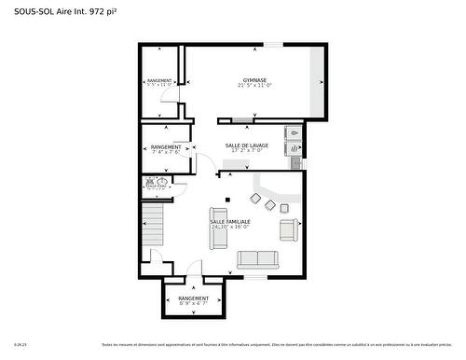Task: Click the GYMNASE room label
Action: pyautogui.click(x=254, y=80)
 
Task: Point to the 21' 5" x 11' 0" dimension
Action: pyautogui.click(x=254, y=86)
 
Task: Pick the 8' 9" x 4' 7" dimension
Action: pyautogui.click(x=194, y=304)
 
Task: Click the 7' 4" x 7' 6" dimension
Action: pyautogui.click(x=166, y=152)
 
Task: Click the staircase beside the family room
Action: pyautogui.click(x=152, y=229)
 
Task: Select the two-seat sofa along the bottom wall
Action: pyautogui.click(x=259, y=259)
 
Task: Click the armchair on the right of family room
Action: pyautogui.click(x=288, y=228)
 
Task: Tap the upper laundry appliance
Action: pyautogui.click(x=294, y=132)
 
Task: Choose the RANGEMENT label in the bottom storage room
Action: pyautogui.click(x=194, y=298)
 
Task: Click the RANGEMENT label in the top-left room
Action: pyautogui.click(x=159, y=81)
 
